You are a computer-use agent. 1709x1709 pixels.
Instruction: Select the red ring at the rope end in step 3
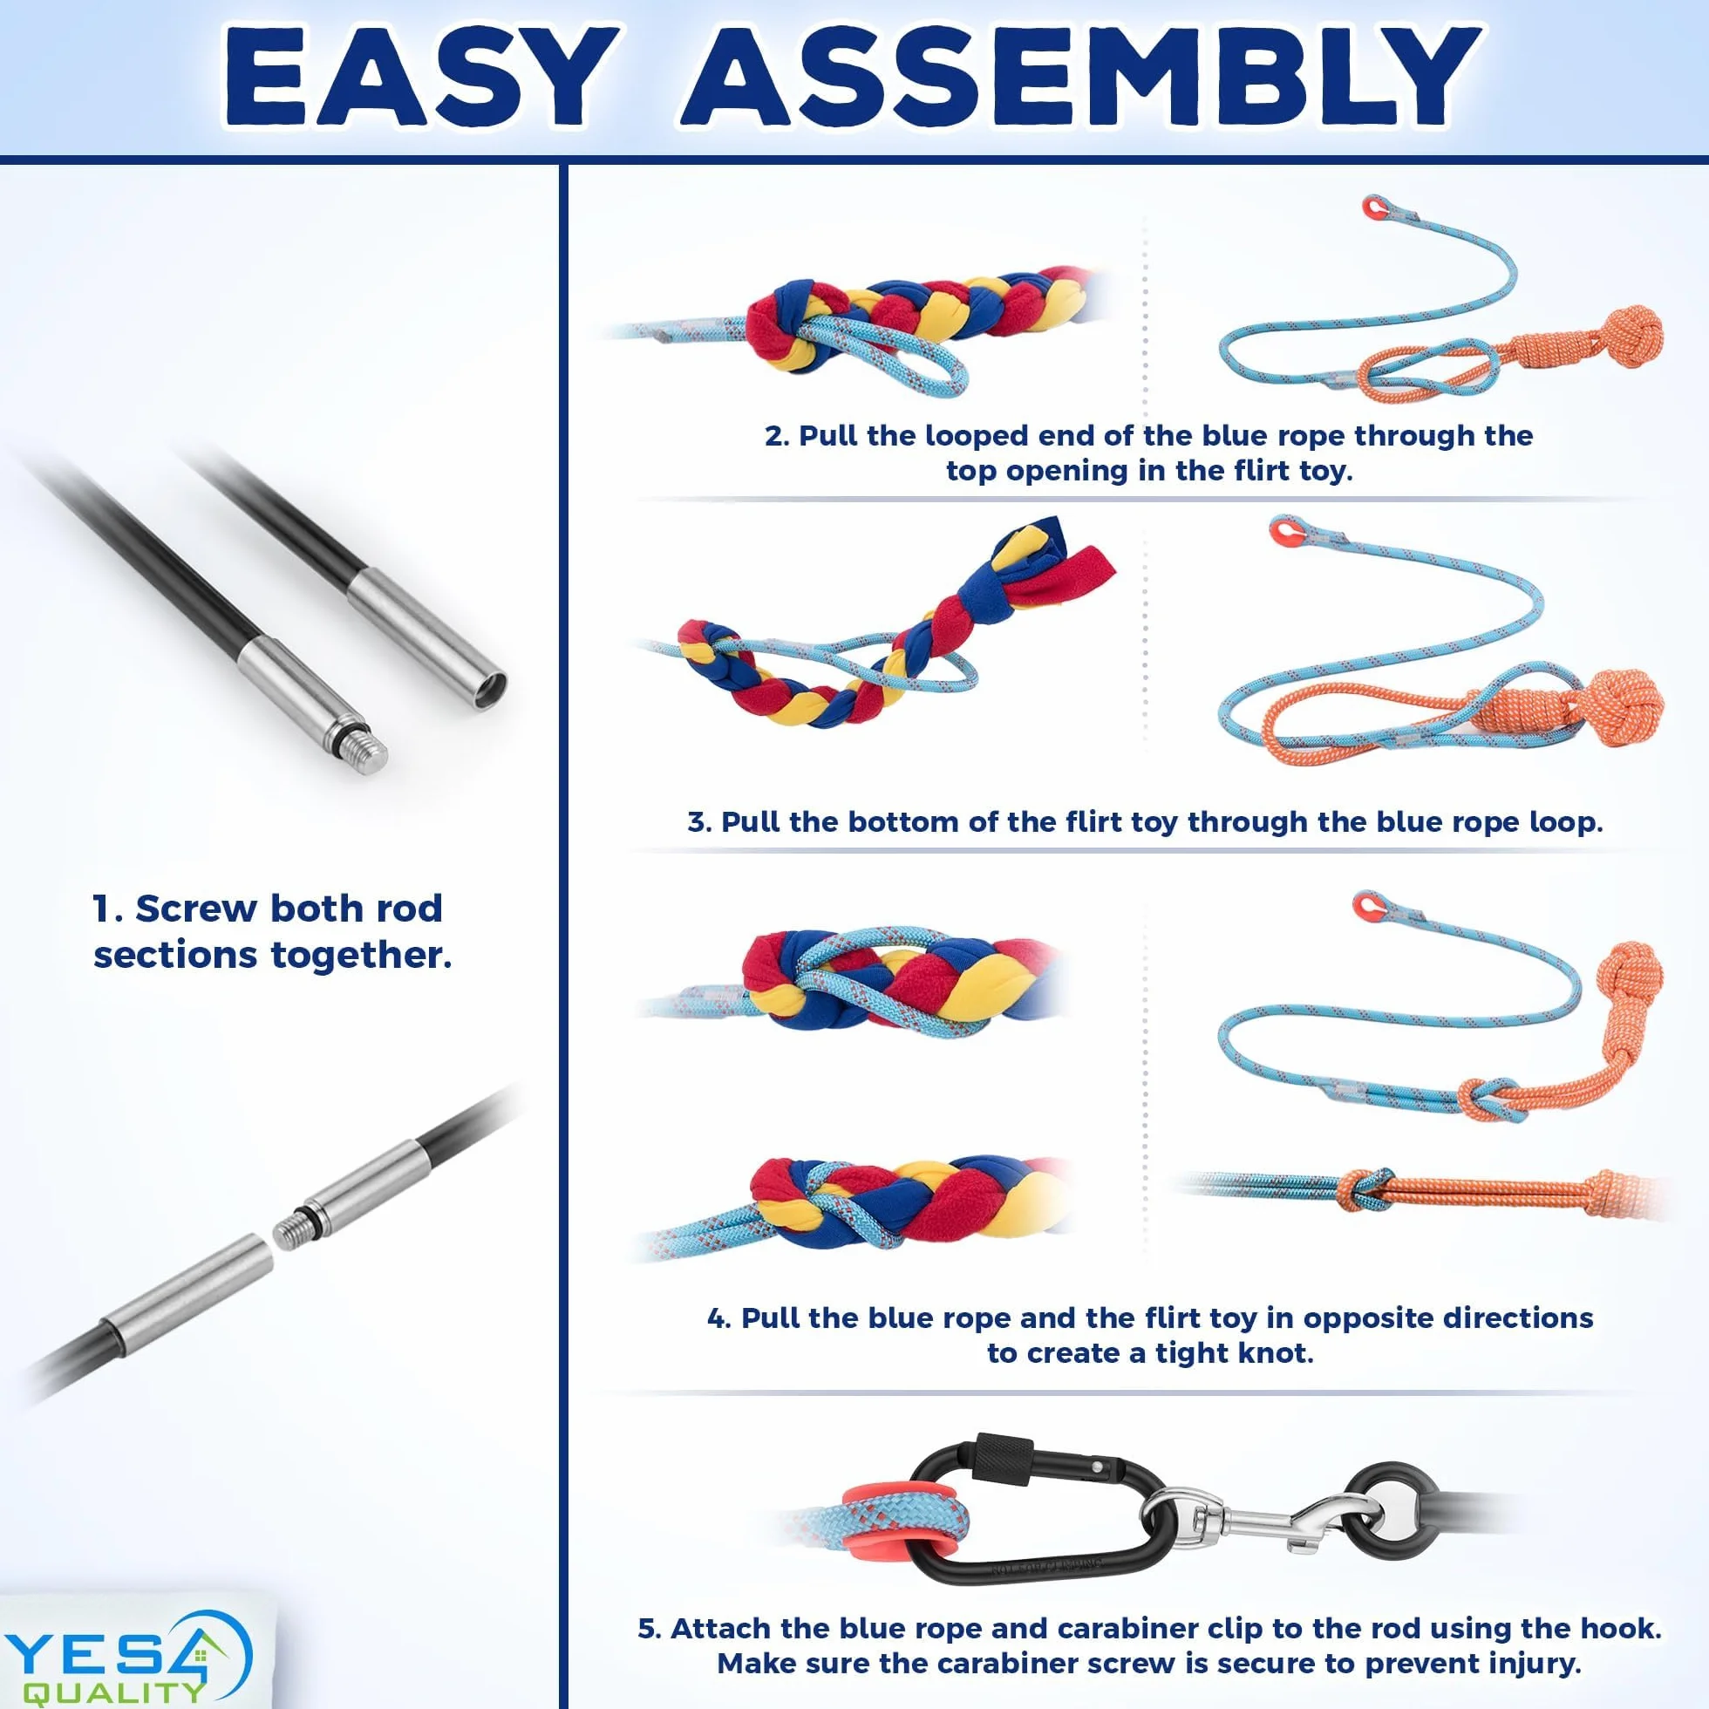pos(1281,534)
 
